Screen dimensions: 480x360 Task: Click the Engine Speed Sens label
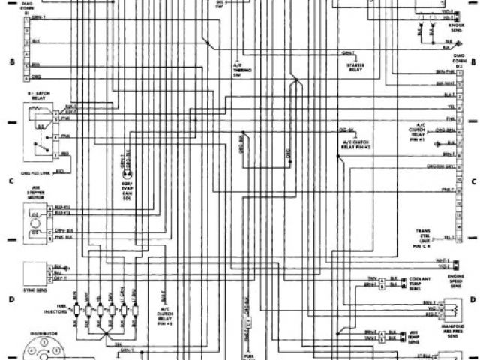point(454,281)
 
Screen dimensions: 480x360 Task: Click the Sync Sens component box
point(34,269)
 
